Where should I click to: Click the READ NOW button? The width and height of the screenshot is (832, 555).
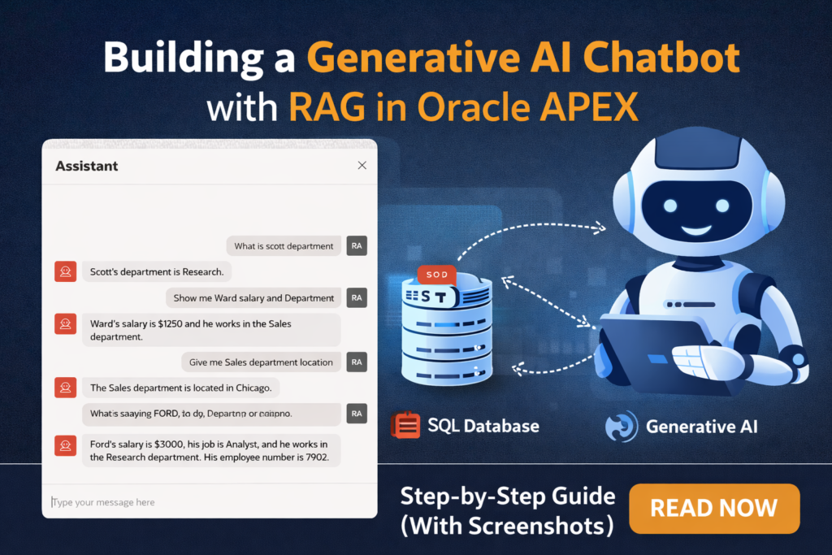tap(714, 509)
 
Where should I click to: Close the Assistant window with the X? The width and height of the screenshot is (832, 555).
tap(362, 166)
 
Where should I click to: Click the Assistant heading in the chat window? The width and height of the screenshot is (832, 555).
tap(87, 166)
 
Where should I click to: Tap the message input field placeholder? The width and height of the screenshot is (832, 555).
tap(104, 502)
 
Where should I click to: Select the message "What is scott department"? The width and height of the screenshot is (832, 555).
tap(284, 246)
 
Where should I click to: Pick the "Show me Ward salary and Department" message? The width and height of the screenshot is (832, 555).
tap(253, 297)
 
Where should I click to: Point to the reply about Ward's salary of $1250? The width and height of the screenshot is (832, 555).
tap(210, 330)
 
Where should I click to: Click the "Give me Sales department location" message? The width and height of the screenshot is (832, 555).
tap(261, 362)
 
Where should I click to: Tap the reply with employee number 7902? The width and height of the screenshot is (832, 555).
tap(210, 451)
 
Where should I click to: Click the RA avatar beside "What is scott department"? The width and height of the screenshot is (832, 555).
tap(356, 246)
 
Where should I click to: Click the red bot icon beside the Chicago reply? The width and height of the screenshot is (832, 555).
tap(65, 388)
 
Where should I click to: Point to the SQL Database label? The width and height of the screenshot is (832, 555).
tap(483, 426)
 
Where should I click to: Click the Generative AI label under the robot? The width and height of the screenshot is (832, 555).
tap(701, 426)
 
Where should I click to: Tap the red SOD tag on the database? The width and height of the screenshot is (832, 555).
tap(435, 275)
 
